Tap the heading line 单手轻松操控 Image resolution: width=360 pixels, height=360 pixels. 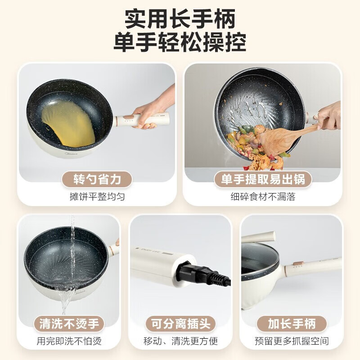180,44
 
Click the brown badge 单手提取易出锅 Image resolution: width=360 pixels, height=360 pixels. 263,180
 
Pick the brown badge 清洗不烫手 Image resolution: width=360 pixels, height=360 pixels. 69,324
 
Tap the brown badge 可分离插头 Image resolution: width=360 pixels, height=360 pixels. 180,324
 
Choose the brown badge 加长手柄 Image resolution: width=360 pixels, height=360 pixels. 292,324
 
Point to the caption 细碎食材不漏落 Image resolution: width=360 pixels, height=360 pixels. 263,197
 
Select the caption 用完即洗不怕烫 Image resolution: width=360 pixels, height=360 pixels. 69,341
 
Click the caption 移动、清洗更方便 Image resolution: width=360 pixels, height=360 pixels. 180,341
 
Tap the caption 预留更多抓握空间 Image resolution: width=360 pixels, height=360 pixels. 292,341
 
